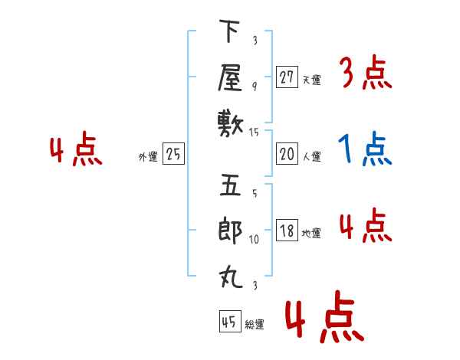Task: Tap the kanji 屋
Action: click(x=230, y=77)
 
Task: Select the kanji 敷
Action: click(x=231, y=124)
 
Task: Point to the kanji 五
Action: click(x=230, y=185)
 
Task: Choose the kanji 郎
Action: click(x=230, y=231)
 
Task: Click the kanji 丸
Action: click(x=231, y=277)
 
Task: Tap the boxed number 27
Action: click(x=287, y=77)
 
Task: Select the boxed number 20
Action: click(x=287, y=154)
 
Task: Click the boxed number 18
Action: click(x=287, y=230)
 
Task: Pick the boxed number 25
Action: click(x=173, y=154)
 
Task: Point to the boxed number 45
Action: click(x=230, y=321)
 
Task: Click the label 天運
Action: click(x=312, y=80)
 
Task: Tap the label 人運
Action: click(x=312, y=156)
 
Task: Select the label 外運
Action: click(x=148, y=156)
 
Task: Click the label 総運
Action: click(x=255, y=324)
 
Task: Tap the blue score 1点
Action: click(x=365, y=148)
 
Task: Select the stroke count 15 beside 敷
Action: click(x=254, y=133)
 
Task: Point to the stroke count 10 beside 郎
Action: click(x=254, y=239)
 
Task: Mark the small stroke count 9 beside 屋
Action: click(x=255, y=87)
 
